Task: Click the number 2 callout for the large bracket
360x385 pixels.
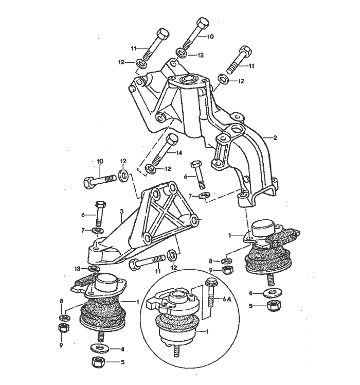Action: coord(275,138)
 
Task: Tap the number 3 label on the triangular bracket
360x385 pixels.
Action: coord(121,211)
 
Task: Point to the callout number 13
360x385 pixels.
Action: coord(77,268)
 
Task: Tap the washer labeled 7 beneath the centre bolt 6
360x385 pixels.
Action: coord(203,195)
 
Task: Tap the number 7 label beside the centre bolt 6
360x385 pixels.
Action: coord(189,196)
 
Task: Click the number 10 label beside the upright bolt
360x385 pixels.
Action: coord(211,37)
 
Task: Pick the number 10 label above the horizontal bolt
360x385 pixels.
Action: coord(101,162)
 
